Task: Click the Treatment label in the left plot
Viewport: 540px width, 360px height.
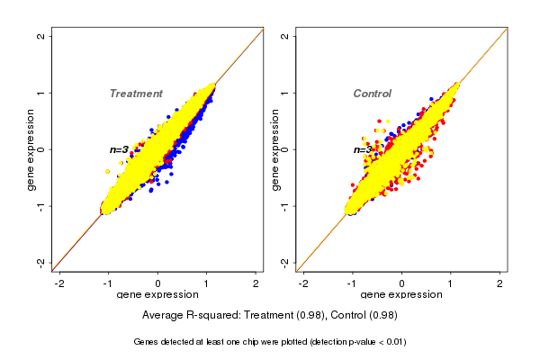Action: point(136,94)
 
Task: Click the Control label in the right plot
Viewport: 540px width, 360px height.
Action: point(372,94)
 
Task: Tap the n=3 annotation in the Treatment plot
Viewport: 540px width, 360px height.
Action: point(120,149)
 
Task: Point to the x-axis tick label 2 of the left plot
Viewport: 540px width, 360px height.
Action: point(256,283)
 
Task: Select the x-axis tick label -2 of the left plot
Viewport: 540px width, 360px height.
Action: point(59,283)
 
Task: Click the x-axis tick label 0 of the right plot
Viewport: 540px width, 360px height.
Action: point(401,283)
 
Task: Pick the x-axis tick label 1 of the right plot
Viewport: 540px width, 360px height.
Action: point(451,283)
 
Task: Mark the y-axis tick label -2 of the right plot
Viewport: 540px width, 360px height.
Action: point(285,262)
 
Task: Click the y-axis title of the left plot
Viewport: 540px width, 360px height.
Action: point(31,149)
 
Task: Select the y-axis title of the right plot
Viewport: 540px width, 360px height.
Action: point(274,149)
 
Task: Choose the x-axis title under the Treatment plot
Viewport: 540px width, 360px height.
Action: point(158,295)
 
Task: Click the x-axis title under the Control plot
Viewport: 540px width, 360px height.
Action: point(401,295)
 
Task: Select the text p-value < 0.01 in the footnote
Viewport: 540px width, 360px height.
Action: point(373,342)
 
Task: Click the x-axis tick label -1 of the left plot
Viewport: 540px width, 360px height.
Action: point(109,283)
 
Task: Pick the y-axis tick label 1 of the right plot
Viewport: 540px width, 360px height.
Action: point(285,93)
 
